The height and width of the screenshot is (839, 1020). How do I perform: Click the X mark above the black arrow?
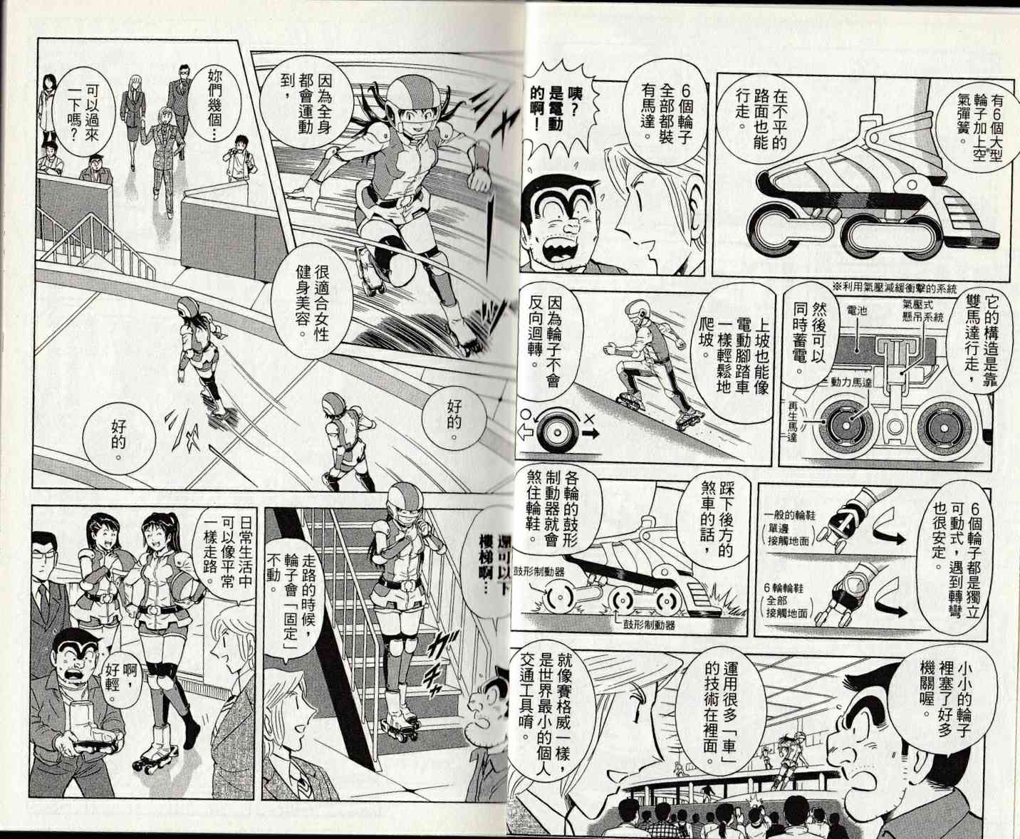pos(590,419)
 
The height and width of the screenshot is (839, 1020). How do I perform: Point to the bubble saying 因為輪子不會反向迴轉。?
pos(545,347)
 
